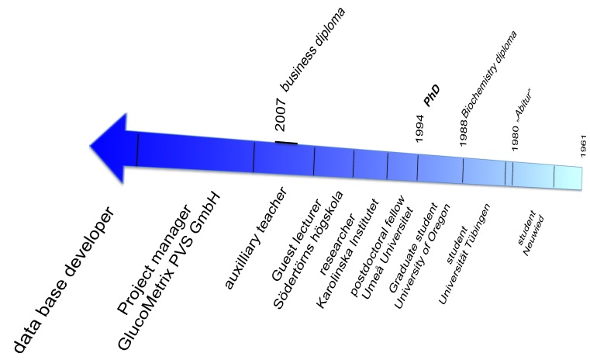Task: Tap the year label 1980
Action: click(x=516, y=138)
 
